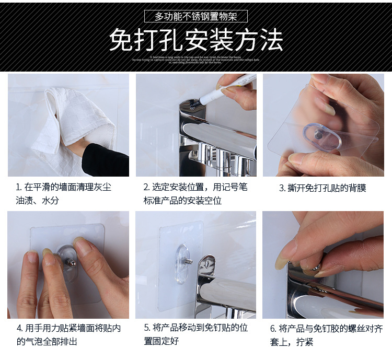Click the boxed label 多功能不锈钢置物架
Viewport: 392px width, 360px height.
[195, 16]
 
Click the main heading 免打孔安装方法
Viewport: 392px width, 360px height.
[195, 40]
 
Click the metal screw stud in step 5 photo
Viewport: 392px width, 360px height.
[188, 261]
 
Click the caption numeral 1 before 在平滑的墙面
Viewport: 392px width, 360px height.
[18, 187]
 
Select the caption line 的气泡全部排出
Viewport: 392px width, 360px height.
[47, 341]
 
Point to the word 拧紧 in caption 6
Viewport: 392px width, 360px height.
[305, 342]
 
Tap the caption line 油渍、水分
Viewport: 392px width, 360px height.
[37, 201]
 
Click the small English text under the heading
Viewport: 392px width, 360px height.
[195, 59]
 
